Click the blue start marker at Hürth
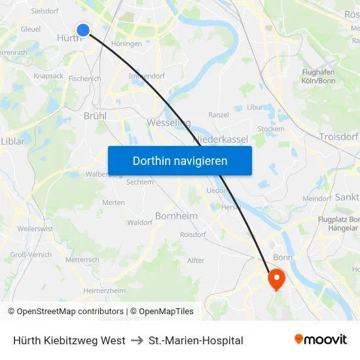click(x=83, y=29)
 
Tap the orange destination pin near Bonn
click(x=276, y=279)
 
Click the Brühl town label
click(x=95, y=115)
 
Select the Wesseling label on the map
click(x=169, y=122)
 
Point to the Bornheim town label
click(x=176, y=215)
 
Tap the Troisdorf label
click(x=338, y=136)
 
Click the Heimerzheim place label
click(x=104, y=290)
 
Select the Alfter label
click(x=196, y=260)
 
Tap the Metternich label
click(x=82, y=260)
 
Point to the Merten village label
click(x=113, y=202)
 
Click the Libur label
click(x=255, y=107)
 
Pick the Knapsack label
click(x=48, y=76)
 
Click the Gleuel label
click(x=30, y=29)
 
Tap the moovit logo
click(x=320, y=339)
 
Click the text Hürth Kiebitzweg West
click(x=69, y=340)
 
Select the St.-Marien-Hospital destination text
click(x=196, y=340)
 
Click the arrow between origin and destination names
click(x=137, y=340)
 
